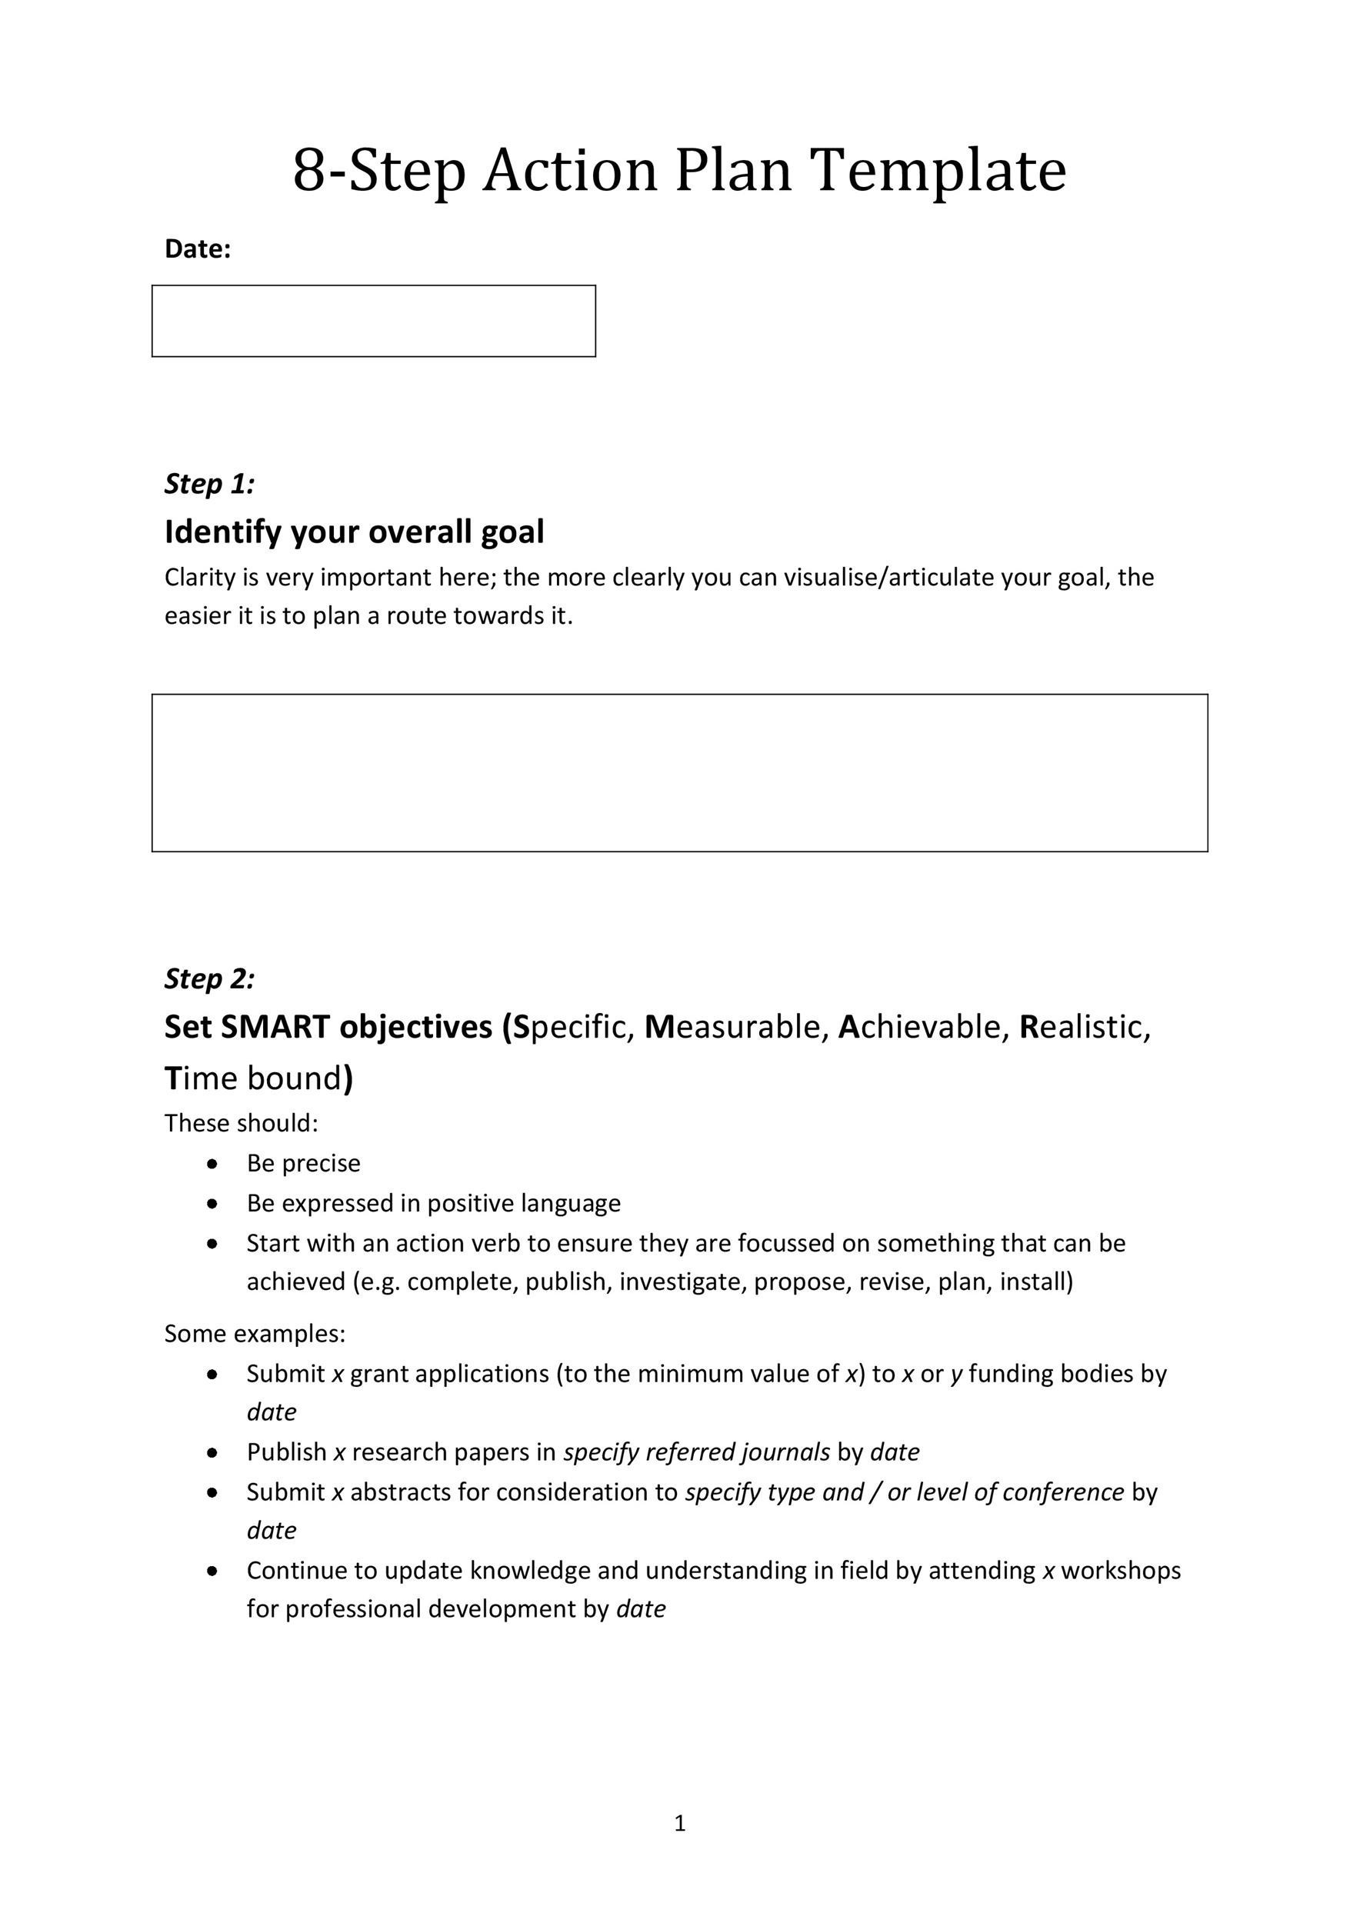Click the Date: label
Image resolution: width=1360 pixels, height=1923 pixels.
click(198, 248)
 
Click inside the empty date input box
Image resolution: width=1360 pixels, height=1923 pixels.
click(374, 321)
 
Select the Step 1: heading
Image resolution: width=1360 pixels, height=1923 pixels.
click(209, 483)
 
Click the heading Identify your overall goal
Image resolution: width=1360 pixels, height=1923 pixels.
click(355, 532)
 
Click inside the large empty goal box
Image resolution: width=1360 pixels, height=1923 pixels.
click(679, 772)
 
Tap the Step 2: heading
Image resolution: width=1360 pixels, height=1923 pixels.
click(209, 978)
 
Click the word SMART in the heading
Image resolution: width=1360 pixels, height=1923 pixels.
click(275, 1027)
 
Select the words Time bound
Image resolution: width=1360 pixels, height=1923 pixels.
click(255, 1078)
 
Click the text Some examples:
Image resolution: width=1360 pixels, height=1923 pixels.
click(255, 1333)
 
